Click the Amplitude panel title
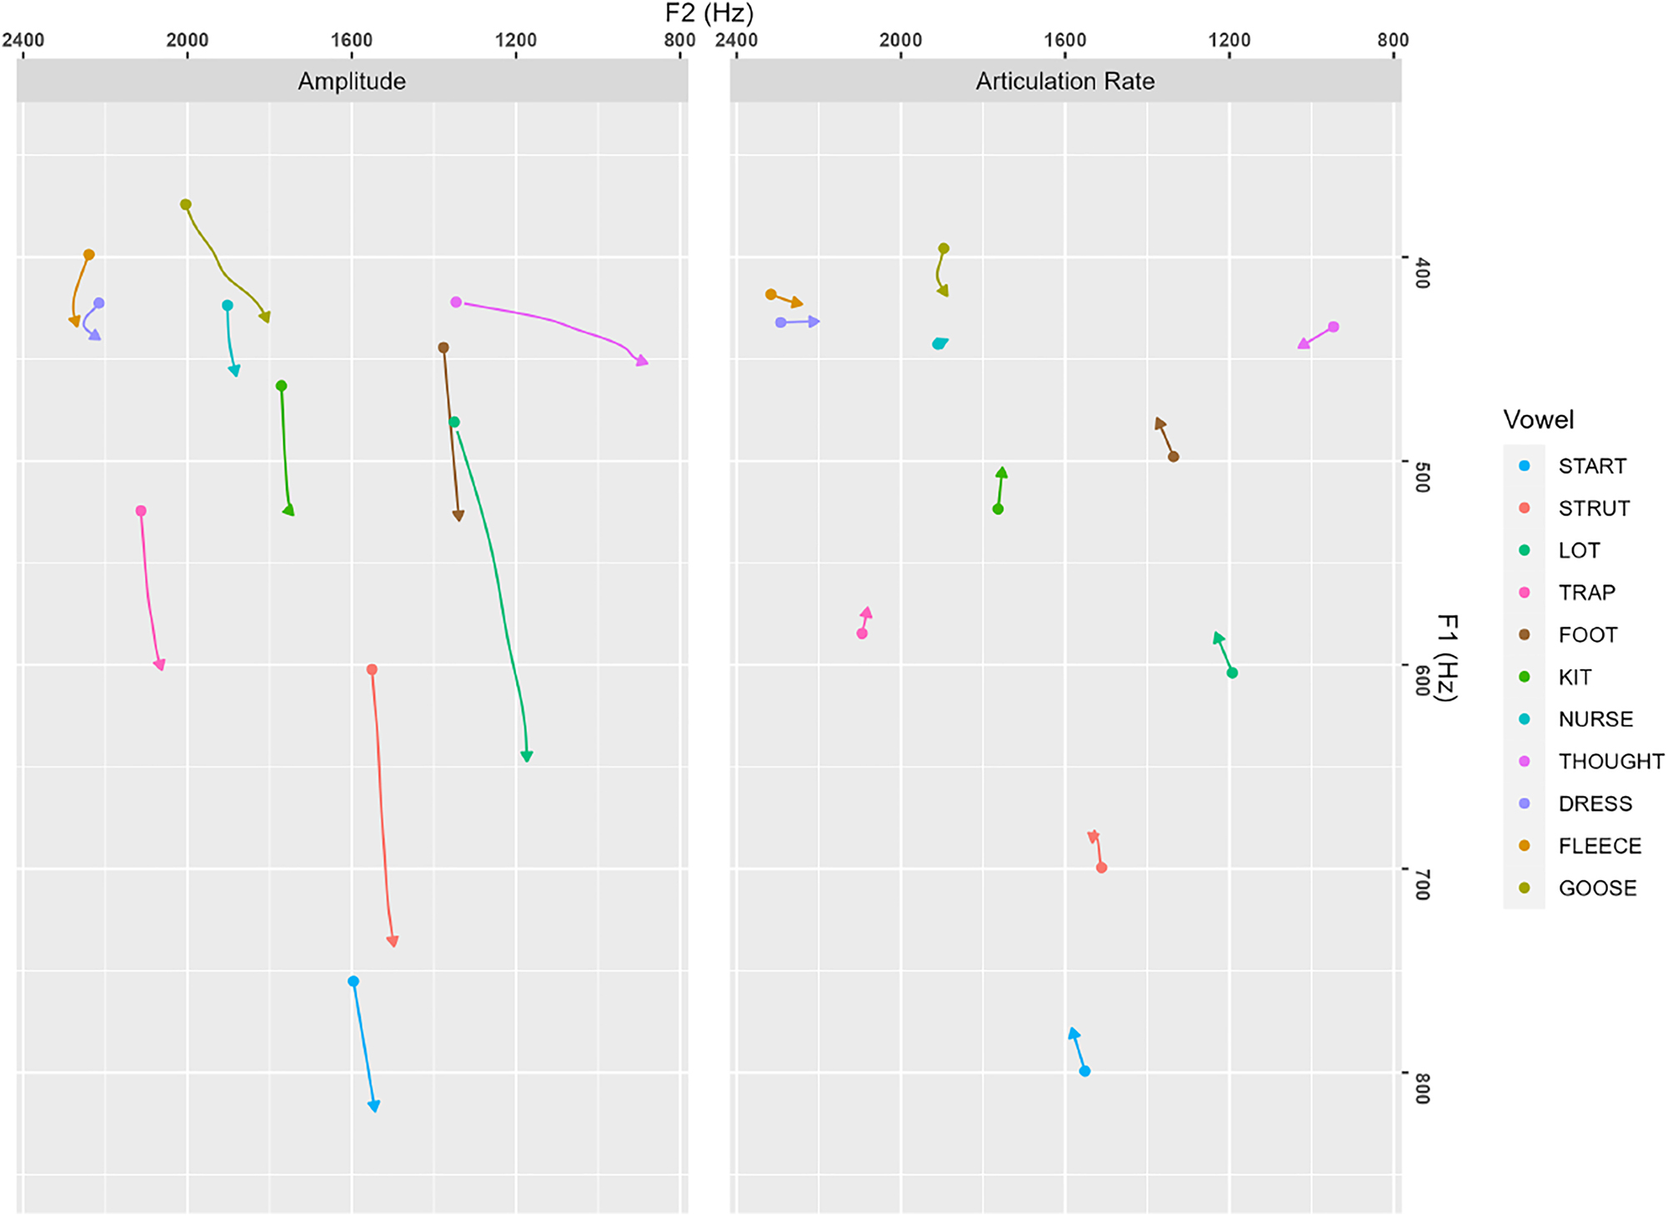coord(352,81)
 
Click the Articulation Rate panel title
coord(1064,81)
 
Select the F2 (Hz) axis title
coord(709,13)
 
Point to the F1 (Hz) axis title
coord(1448,658)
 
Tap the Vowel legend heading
coord(1538,419)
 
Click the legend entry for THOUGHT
coord(1610,761)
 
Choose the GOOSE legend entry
coord(1597,888)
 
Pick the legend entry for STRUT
coord(1594,508)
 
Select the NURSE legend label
coord(1595,718)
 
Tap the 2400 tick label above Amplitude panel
coord(23,40)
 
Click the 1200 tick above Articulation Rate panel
coord(1229,40)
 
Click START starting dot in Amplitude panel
coord(353,982)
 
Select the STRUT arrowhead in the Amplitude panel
coord(393,941)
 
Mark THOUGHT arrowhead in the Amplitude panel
coord(641,360)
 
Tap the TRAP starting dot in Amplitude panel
coord(141,511)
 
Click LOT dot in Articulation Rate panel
coord(1232,673)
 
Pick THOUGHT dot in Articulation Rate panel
coord(1334,327)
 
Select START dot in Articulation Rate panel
coord(1084,1071)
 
